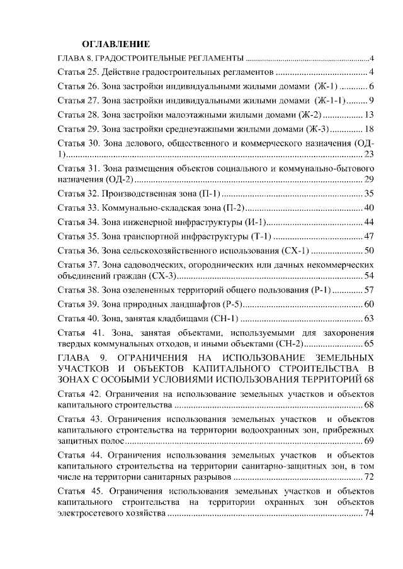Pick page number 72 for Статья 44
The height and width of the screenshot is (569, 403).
point(370,477)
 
